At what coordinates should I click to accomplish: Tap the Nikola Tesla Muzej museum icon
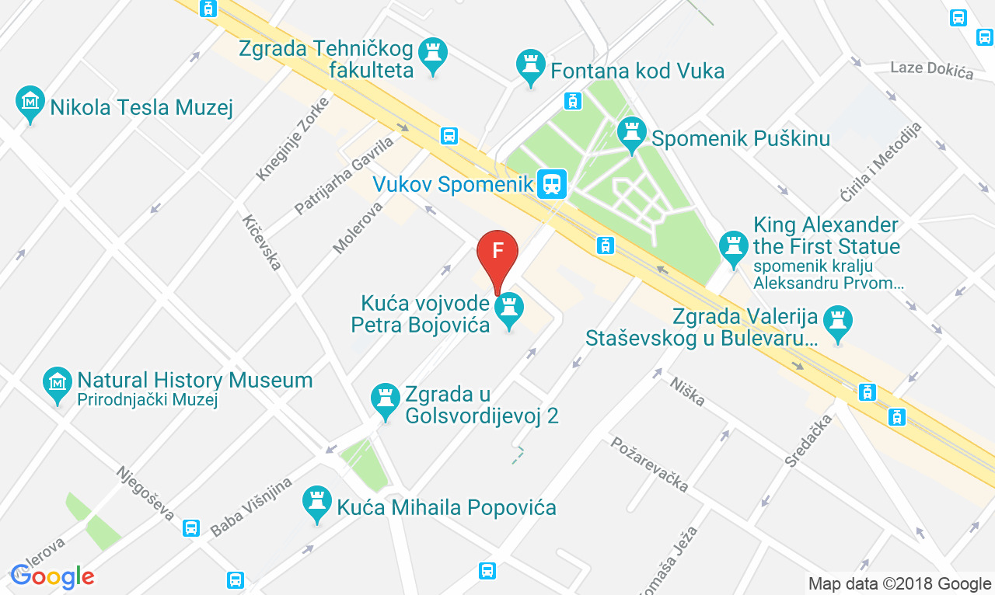tap(30, 102)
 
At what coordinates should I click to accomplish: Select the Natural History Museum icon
tap(58, 382)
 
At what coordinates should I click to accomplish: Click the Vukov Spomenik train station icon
tap(552, 184)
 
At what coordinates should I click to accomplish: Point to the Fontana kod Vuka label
tap(637, 71)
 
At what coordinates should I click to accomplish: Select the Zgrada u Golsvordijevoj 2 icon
tap(385, 399)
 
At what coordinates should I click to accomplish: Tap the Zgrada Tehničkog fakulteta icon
tap(433, 54)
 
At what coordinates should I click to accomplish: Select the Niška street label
tap(687, 390)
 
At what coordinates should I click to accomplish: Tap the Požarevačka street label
tap(650, 464)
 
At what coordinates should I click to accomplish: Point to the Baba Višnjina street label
tap(251, 506)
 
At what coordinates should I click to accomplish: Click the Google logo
tap(51, 576)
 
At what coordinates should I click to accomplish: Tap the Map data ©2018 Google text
tap(899, 583)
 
